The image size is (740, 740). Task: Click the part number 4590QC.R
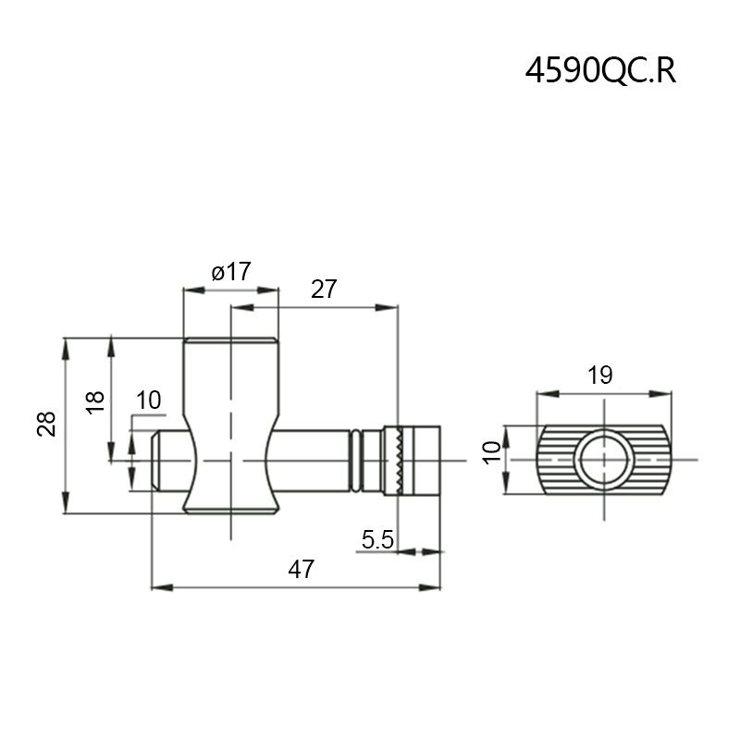click(x=600, y=71)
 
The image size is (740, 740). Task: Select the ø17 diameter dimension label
click(x=230, y=272)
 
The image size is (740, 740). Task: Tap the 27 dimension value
click(x=324, y=290)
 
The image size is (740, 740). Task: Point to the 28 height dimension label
click(x=47, y=424)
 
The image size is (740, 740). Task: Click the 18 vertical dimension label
click(x=95, y=401)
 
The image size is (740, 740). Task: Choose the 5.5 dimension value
click(x=378, y=539)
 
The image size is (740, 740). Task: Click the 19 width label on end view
click(x=600, y=375)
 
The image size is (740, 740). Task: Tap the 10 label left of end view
click(x=492, y=452)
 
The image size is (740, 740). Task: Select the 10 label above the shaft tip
click(x=148, y=401)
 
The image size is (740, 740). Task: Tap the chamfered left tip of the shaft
click(x=156, y=460)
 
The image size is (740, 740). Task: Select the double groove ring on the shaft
click(x=355, y=460)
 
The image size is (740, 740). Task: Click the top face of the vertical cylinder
click(x=230, y=340)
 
